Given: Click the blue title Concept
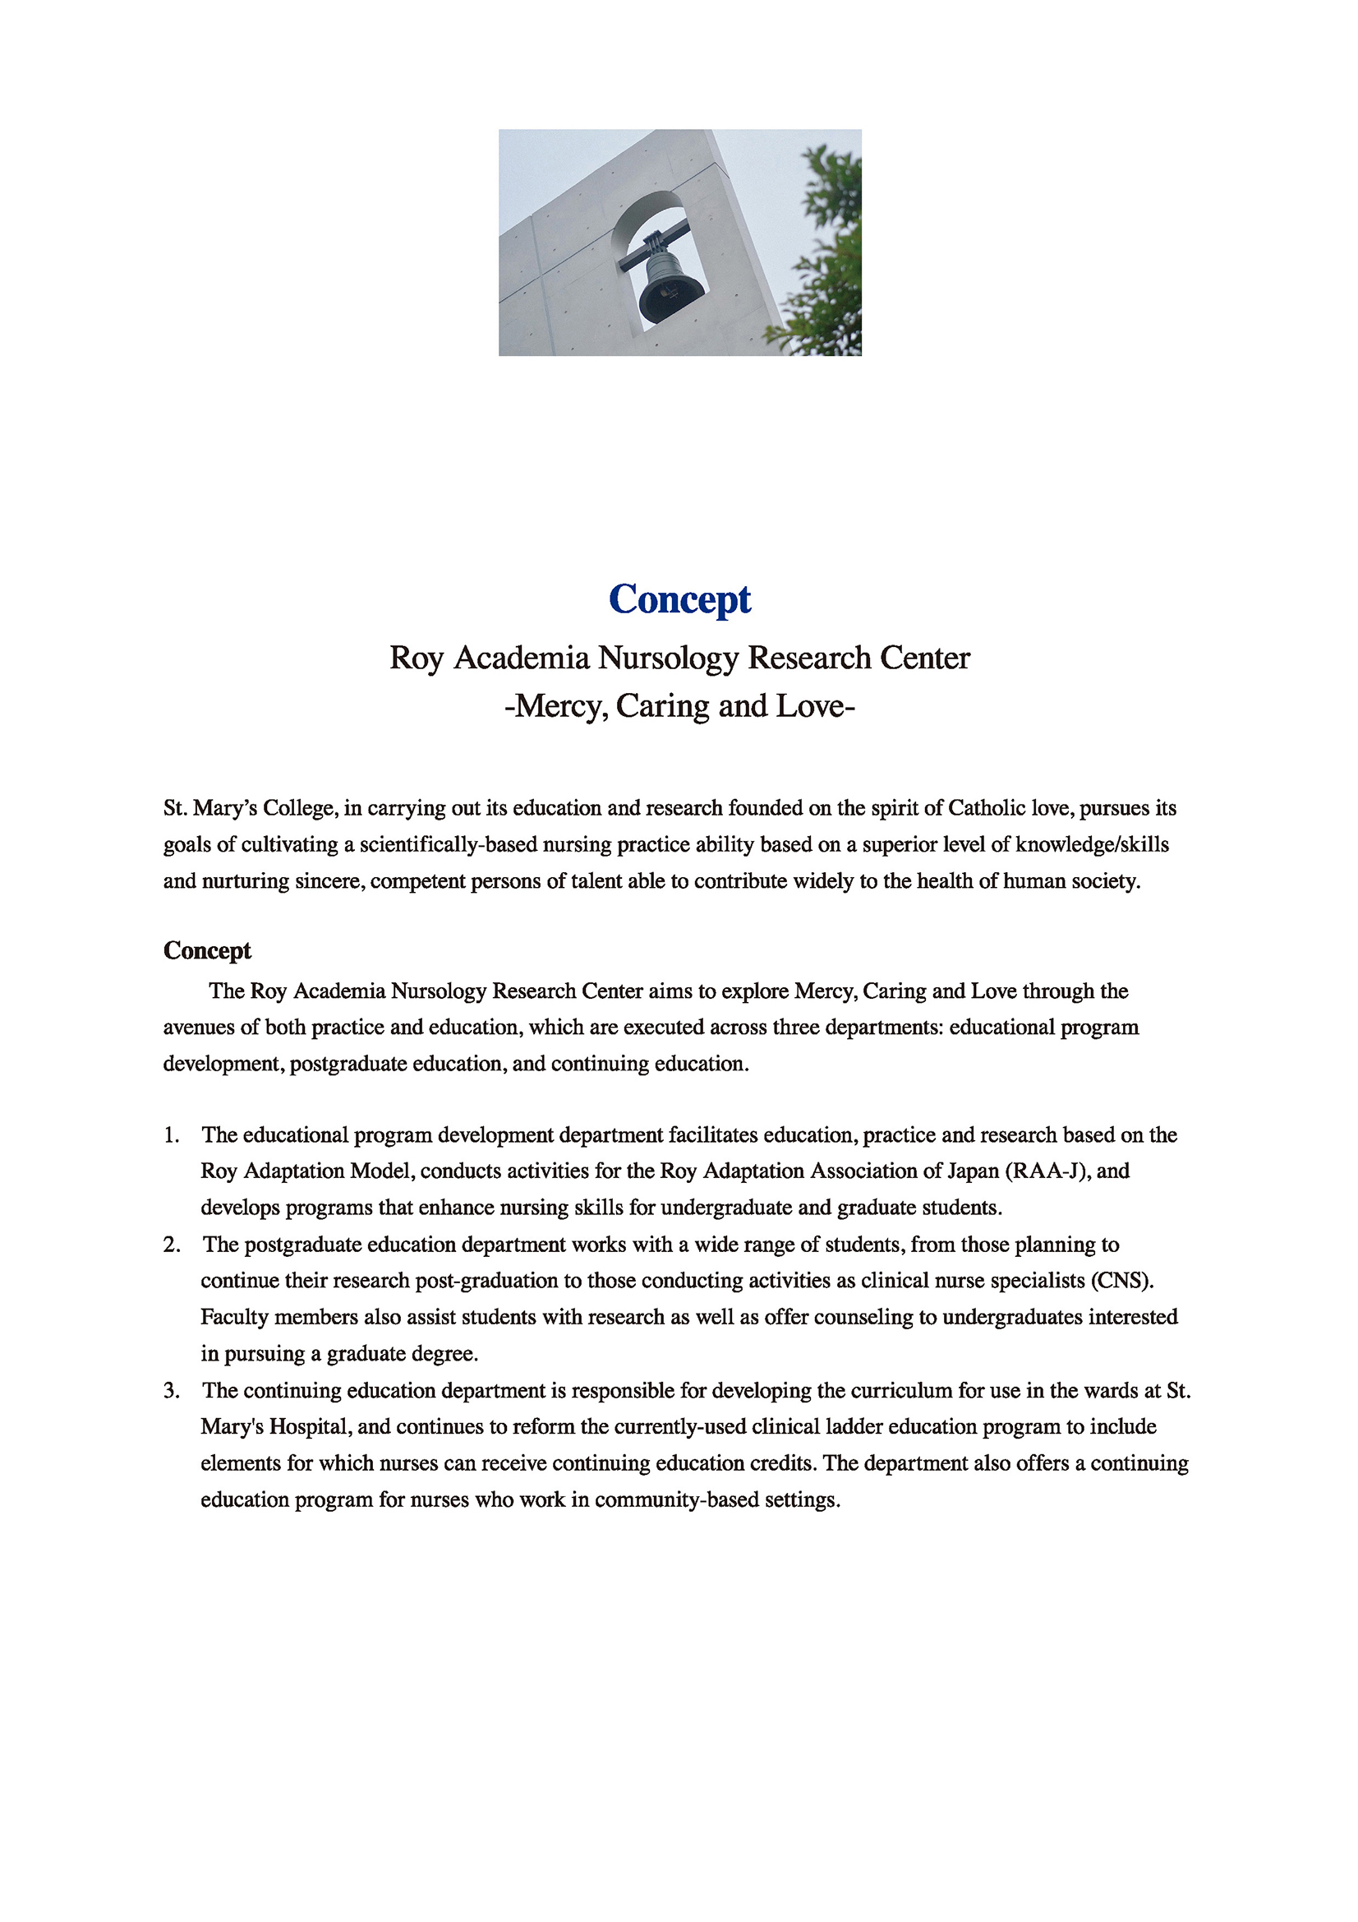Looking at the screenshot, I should click(679, 599).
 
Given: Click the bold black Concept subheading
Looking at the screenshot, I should click(207, 950).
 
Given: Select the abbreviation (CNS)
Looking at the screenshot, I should click(1122, 1280).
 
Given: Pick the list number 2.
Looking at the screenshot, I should click(172, 1244).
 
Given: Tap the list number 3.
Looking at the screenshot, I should click(172, 1390).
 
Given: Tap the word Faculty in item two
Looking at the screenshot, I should click(233, 1317).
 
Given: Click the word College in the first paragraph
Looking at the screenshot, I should click(299, 808).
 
